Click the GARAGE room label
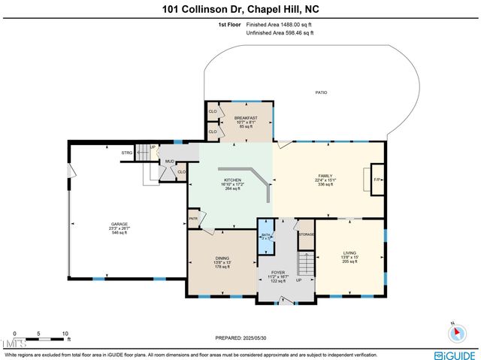119,225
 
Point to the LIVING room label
349,253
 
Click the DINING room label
222,259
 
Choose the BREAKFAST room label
245,118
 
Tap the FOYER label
278,269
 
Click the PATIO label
321,92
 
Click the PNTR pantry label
192,219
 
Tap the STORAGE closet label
306,234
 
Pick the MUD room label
170,161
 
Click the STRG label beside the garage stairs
126,153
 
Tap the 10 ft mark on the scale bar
65,333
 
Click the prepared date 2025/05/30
240,337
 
